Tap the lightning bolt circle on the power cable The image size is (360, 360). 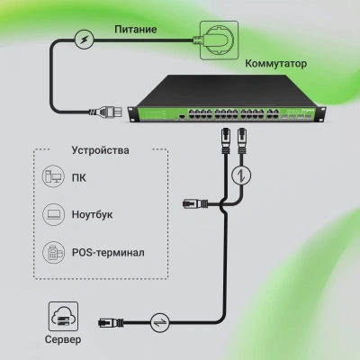[83, 39]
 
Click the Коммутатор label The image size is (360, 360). [276, 65]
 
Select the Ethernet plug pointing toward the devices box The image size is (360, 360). [192, 204]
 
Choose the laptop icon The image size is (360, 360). [53, 215]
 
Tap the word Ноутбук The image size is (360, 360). [94, 215]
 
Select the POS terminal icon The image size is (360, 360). [53, 252]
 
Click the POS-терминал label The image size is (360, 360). [110, 252]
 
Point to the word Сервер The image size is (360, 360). [60, 341]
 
